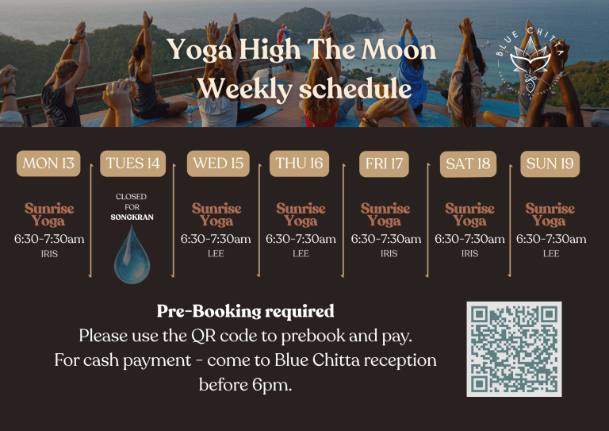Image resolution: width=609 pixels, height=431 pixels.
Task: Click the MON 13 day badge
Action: (x=48, y=164)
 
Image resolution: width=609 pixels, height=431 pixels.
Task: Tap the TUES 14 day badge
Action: (x=132, y=164)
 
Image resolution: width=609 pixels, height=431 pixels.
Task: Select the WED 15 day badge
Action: (x=218, y=164)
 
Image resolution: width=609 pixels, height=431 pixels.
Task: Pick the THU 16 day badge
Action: (x=299, y=164)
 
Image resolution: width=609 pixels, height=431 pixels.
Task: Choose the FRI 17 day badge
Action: (x=385, y=164)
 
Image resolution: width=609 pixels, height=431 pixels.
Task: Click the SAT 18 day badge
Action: (x=469, y=165)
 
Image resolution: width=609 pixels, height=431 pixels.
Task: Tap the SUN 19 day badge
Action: (x=551, y=164)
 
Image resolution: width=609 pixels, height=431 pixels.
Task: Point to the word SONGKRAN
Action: (x=131, y=217)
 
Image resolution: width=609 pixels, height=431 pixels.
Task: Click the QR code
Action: (x=515, y=348)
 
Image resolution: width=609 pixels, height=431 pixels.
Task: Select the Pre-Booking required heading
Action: (x=245, y=311)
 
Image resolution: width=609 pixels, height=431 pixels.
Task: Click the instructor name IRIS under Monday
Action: (x=49, y=254)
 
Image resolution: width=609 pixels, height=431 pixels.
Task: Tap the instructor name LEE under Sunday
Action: (x=551, y=254)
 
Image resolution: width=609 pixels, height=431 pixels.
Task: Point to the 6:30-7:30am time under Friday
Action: (x=386, y=239)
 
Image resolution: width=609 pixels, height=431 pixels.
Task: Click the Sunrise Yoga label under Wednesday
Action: (x=216, y=214)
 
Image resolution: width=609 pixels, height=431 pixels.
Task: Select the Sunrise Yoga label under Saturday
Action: (x=469, y=214)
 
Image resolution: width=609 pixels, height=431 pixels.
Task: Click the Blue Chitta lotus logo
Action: (x=530, y=63)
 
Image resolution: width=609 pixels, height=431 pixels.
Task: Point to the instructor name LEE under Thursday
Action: (x=301, y=254)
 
